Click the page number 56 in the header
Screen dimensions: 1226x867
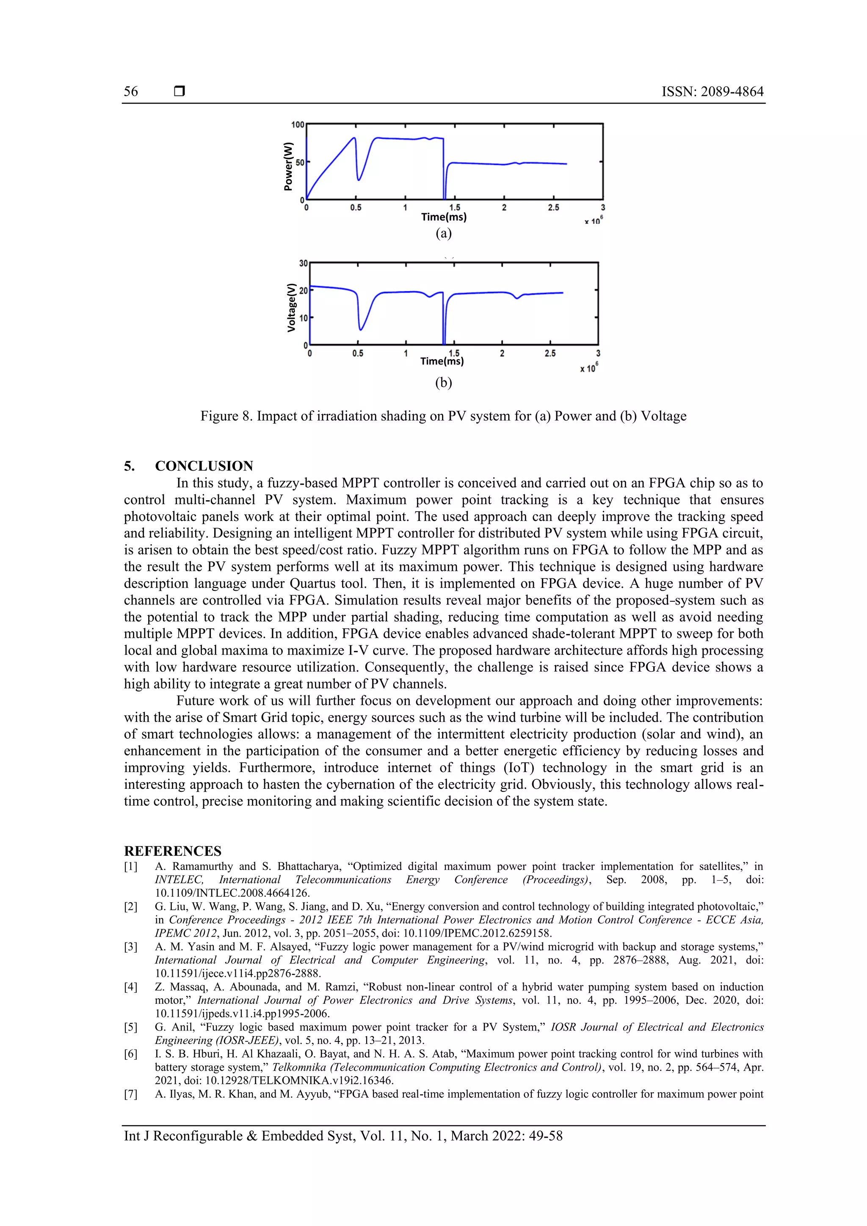pyautogui.click(x=131, y=91)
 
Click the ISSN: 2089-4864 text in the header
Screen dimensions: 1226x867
pyautogui.click(x=712, y=91)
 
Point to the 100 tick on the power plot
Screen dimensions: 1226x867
pyautogui.click(x=298, y=124)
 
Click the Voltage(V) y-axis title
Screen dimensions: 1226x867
pyautogui.click(x=291, y=308)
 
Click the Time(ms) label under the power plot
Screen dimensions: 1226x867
pyautogui.click(x=443, y=217)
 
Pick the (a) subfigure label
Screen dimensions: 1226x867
pyautogui.click(x=443, y=233)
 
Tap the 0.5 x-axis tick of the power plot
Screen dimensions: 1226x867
pyautogui.click(x=356, y=208)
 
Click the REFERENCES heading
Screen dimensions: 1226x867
pyautogui.click(x=173, y=851)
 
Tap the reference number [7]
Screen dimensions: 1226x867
pyautogui.click(x=131, y=1094)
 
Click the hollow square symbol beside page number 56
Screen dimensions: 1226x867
pyautogui.click(x=179, y=91)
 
